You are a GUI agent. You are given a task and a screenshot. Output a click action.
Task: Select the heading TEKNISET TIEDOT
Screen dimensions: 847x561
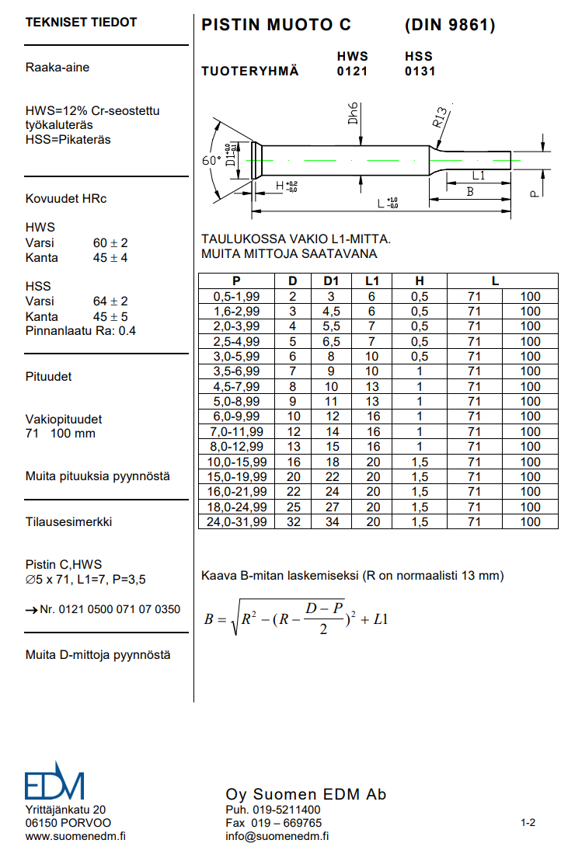coord(81,23)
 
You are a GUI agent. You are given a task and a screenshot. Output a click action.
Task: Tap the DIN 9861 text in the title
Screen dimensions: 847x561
coord(449,25)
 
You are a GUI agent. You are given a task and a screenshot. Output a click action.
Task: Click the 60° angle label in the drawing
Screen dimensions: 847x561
coord(211,161)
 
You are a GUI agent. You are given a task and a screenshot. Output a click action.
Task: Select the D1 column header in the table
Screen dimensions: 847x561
coord(330,281)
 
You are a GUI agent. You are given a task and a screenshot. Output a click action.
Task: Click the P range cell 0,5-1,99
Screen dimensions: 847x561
coord(237,296)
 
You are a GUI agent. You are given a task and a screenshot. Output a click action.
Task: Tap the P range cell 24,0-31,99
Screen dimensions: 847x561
coord(237,521)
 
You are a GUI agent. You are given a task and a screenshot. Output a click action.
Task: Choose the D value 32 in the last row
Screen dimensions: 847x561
coord(293,521)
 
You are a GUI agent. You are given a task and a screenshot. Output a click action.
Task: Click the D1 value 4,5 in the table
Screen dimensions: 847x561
coord(330,311)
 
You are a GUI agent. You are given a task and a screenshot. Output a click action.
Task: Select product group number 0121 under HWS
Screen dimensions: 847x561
coord(352,71)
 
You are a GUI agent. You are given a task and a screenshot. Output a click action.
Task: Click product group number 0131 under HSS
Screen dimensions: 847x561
coord(420,71)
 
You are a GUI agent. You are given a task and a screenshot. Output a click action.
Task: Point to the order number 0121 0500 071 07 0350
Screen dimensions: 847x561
coord(110,609)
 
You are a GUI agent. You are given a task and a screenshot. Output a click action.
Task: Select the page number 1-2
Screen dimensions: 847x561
coord(528,822)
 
